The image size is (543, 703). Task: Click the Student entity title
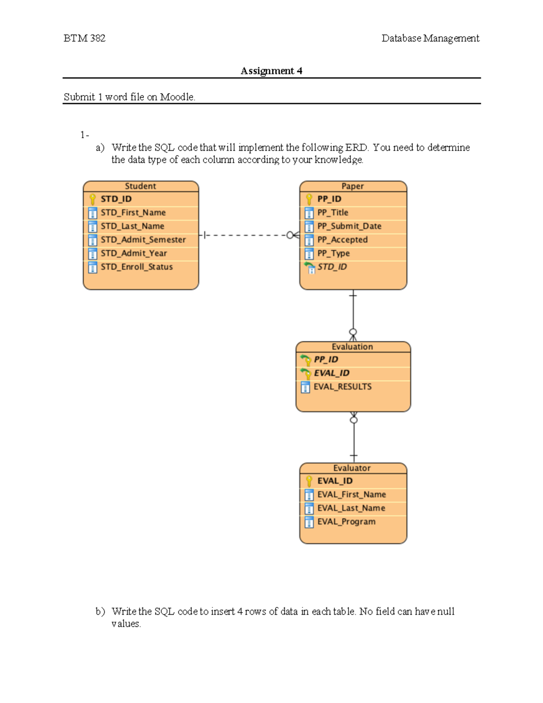[x=140, y=186]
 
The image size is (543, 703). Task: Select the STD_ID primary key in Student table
[x=116, y=199]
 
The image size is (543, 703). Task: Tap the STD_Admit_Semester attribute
[x=143, y=240]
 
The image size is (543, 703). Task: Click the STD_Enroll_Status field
[x=137, y=267]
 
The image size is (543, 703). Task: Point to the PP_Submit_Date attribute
[x=349, y=226]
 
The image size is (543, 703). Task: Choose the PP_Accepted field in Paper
[x=342, y=240]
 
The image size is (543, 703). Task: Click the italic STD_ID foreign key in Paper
[x=332, y=267]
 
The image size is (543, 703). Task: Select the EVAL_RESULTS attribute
[x=343, y=387]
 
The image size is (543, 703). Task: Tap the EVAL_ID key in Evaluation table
[x=331, y=373]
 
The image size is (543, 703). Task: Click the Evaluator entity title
[x=352, y=468]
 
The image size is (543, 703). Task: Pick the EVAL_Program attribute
[x=346, y=522]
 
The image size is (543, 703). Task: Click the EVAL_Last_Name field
[x=351, y=508]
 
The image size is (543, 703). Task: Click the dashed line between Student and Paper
[x=247, y=235]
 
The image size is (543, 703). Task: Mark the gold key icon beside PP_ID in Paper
[x=309, y=199]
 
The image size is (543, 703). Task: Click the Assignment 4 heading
[x=271, y=71]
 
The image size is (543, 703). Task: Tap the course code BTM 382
[x=85, y=38]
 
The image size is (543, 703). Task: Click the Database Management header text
[x=430, y=38]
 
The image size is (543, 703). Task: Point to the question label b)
[x=100, y=612]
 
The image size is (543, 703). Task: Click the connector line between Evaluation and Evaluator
[x=354, y=439]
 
